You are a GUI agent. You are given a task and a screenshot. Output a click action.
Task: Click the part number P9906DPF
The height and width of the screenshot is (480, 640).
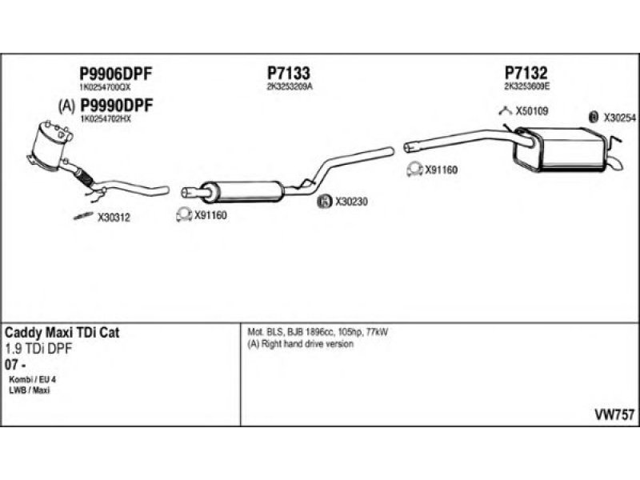click(x=115, y=74)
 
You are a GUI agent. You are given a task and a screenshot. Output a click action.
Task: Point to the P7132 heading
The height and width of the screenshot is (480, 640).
click(x=526, y=74)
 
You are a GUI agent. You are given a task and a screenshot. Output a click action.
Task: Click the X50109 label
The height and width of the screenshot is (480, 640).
click(x=532, y=112)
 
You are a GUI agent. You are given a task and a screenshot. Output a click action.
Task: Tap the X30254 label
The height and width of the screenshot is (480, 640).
click(x=619, y=117)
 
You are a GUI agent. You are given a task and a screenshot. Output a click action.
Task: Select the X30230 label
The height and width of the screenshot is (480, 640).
click(x=351, y=202)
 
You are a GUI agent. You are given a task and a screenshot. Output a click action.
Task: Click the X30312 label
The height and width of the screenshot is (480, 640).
click(x=114, y=216)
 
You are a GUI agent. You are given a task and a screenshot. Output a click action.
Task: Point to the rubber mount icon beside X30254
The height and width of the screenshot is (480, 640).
click(x=594, y=117)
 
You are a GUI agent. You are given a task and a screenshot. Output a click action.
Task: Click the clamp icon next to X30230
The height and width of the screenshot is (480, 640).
click(x=325, y=202)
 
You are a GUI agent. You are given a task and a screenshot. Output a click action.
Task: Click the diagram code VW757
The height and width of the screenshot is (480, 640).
click(x=614, y=414)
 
